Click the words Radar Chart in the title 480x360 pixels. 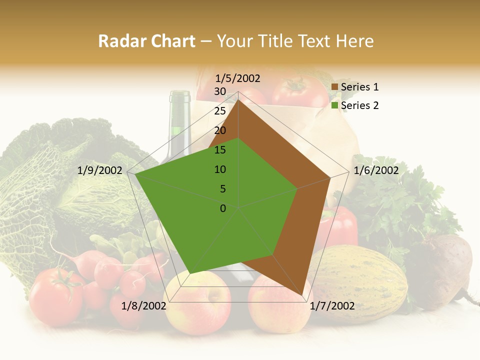(146, 41)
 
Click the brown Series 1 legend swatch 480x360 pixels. (335, 87)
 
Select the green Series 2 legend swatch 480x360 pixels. (335, 105)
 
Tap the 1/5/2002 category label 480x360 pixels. (237, 78)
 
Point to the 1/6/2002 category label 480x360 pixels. (376, 171)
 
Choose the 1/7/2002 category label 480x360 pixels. (332, 306)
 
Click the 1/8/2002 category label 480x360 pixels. (144, 306)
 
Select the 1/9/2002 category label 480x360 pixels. (100, 171)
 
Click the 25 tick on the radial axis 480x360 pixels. (220, 111)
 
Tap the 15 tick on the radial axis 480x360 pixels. (220, 150)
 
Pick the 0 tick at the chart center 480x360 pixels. (223, 208)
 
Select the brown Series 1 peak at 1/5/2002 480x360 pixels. (238, 99)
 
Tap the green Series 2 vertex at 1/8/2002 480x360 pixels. (189, 273)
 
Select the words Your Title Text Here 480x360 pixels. (295, 41)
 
